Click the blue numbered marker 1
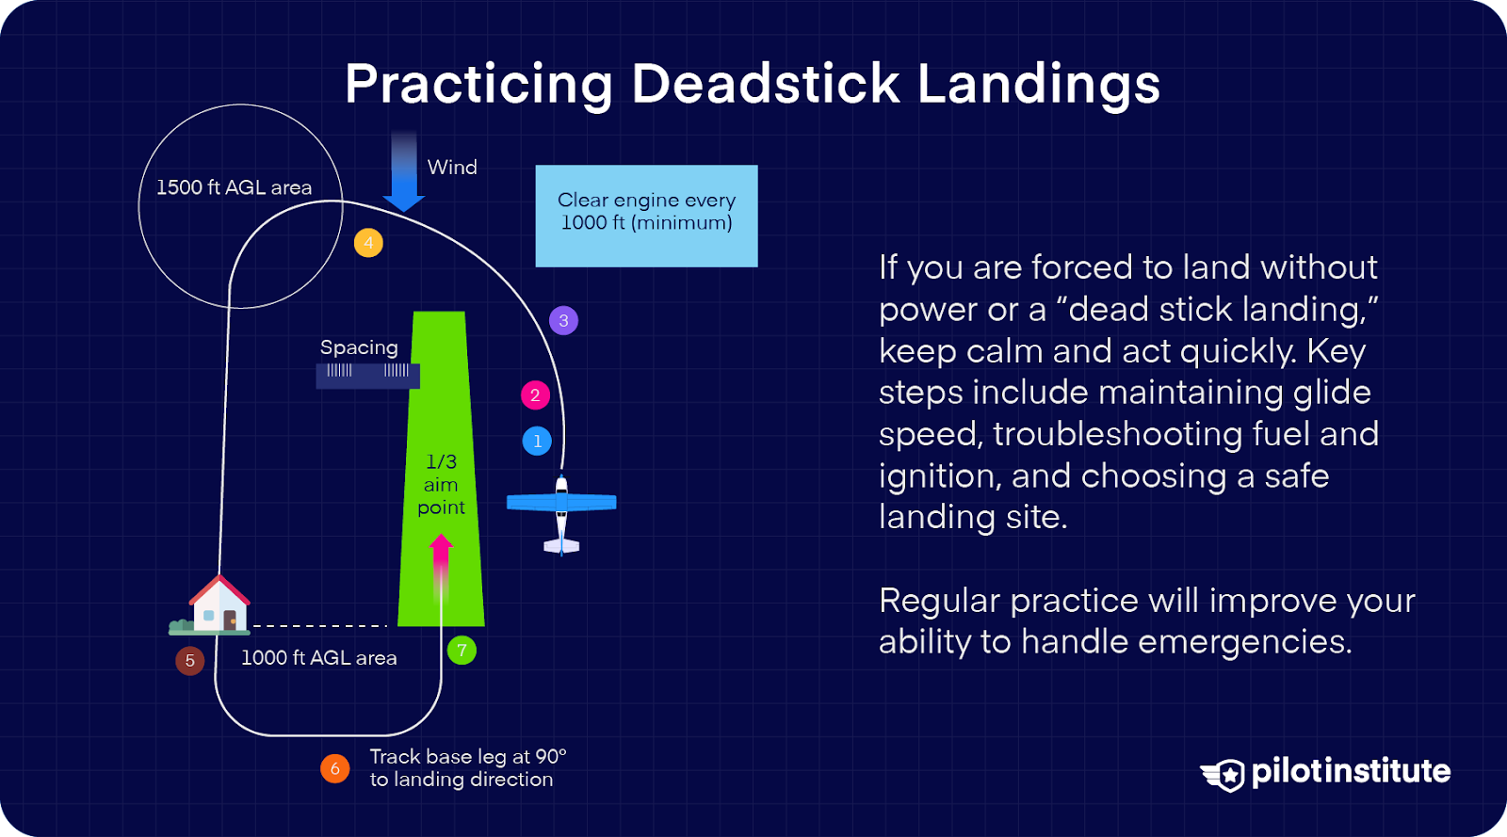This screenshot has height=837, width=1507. coord(537,441)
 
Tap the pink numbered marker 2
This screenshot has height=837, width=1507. coord(535,395)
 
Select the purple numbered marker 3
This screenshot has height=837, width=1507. coord(563,321)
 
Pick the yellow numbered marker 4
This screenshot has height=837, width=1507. coord(368,243)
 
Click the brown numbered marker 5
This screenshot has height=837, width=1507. coord(190,660)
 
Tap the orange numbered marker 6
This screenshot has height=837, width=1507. coord(334,768)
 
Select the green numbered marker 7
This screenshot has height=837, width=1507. coord(462,650)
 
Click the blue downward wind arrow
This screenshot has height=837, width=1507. coord(403,173)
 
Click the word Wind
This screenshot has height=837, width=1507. coord(452,168)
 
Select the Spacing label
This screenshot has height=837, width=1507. coord(359,347)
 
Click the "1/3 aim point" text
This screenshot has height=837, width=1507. coord(441,485)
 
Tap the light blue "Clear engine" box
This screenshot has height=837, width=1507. coord(646,216)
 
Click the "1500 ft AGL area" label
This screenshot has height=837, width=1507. coord(234,187)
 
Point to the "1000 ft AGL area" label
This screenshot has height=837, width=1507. coord(318,658)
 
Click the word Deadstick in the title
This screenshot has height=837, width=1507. coord(765,84)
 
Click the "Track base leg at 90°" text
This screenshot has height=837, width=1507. coord(467,757)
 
